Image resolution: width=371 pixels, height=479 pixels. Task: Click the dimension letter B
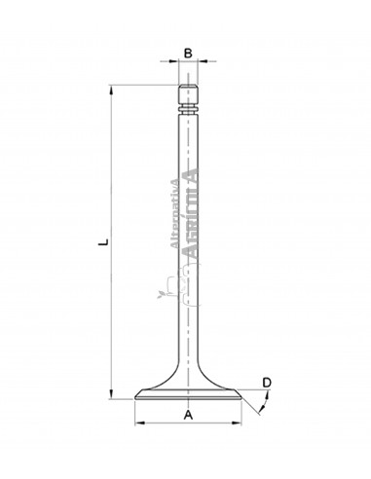click(x=189, y=53)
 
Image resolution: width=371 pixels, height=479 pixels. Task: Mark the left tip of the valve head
click(x=134, y=397)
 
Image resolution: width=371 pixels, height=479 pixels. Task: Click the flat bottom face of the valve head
click(x=188, y=400)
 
